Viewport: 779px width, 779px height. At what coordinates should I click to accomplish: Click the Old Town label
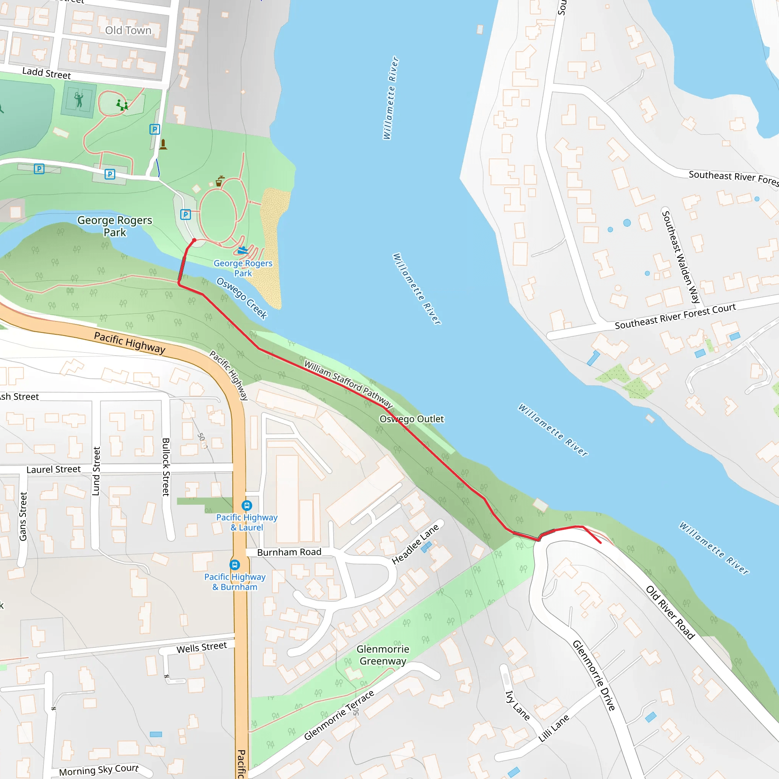click(x=128, y=31)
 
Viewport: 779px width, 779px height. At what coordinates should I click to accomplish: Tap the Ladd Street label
click(x=46, y=73)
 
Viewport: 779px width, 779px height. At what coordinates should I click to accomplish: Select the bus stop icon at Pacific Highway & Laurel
click(x=247, y=505)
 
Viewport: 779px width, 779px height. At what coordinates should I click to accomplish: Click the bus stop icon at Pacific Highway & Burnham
click(x=235, y=565)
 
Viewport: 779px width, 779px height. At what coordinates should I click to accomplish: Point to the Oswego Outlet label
click(x=412, y=419)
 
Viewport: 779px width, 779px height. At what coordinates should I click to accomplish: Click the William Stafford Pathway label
click(x=348, y=384)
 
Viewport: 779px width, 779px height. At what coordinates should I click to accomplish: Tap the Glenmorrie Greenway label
click(x=383, y=655)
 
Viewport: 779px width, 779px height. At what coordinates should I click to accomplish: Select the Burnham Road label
click(x=289, y=552)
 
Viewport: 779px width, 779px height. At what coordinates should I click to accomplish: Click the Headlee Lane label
click(x=415, y=544)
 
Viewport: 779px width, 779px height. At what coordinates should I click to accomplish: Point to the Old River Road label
click(x=670, y=612)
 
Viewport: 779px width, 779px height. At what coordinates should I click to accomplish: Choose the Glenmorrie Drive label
click(x=594, y=676)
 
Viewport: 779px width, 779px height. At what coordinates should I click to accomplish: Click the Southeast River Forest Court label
click(x=676, y=316)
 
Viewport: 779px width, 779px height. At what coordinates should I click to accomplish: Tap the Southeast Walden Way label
click(x=680, y=257)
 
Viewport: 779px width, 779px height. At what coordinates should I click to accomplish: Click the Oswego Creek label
click(x=242, y=298)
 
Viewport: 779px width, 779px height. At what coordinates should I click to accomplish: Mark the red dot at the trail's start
click(x=194, y=240)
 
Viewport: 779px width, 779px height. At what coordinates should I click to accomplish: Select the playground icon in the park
click(x=122, y=105)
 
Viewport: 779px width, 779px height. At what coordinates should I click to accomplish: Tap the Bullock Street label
click(x=166, y=467)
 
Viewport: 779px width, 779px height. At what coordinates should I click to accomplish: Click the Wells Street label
click(x=202, y=647)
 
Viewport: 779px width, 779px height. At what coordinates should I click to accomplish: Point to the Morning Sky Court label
click(x=99, y=770)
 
